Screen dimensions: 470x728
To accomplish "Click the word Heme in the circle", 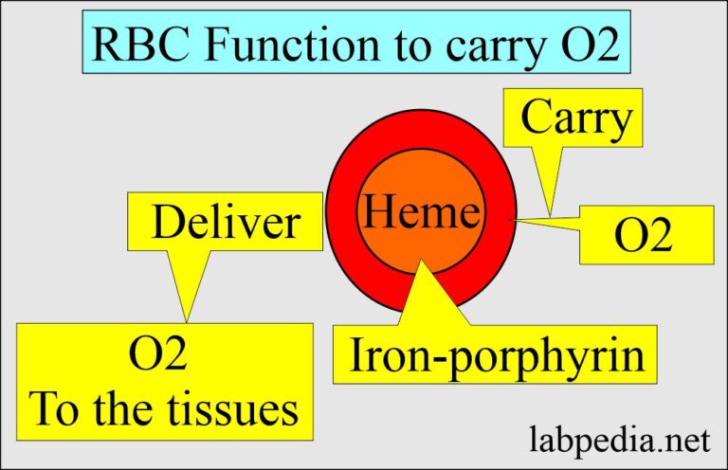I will coord(422,212).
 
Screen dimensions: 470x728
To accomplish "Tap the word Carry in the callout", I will coord(575,119).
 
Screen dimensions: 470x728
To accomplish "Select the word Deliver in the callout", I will coord(227,223).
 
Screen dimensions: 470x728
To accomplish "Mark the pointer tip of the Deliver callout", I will coord(186,320).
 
